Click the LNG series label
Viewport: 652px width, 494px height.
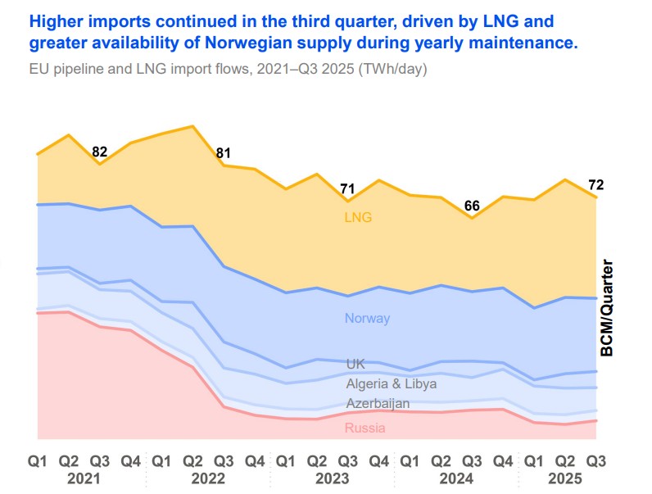(x=358, y=218)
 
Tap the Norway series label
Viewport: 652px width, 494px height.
(x=367, y=319)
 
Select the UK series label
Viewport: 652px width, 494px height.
(x=355, y=364)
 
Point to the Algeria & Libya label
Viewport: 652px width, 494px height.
(x=391, y=383)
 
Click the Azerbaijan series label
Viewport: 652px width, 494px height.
(x=378, y=404)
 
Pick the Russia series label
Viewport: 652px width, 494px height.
(x=364, y=428)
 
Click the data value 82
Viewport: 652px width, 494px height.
(x=100, y=152)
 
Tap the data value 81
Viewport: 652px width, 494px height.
(x=224, y=153)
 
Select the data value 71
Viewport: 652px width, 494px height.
(x=348, y=189)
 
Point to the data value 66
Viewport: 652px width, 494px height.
(x=472, y=206)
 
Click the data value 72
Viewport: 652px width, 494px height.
(x=596, y=184)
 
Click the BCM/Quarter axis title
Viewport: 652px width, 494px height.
(x=608, y=308)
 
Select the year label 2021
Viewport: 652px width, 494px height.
(x=84, y=478)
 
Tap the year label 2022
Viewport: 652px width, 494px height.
(x=208, y=478)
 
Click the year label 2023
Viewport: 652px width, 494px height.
(x=333, y=478)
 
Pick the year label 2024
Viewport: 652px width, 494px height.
(x=456, y=478)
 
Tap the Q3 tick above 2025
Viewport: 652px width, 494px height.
(x=595, y=460)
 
